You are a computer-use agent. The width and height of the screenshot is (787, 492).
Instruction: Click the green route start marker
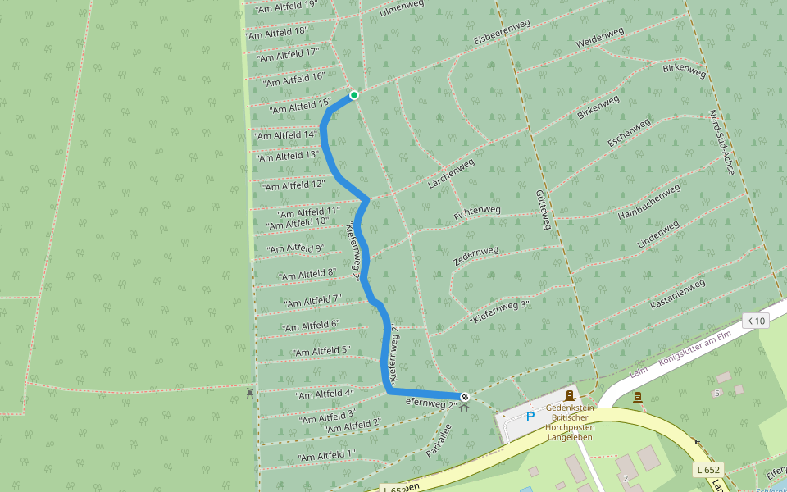coord(354,95)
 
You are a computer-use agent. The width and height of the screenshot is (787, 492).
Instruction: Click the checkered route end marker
coord(465,397)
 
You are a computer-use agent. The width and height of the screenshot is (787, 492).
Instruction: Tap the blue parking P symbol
coord(530,417)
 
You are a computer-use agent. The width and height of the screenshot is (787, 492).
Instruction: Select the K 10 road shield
coord(756,321)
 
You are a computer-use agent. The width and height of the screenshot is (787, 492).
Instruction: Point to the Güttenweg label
coord(543,208)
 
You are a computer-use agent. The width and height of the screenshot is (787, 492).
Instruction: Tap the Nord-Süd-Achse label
coord(721,143)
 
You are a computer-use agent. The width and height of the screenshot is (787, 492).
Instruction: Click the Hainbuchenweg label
coord(648,201)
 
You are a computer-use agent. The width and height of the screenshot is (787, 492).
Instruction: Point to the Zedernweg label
coord(475,256)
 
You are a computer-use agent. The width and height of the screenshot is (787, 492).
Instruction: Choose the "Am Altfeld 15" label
coord(299,106)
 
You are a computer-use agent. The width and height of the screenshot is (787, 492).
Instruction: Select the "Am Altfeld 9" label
coord(296,248)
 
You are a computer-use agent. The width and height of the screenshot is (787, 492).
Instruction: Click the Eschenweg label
coord(629,132)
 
